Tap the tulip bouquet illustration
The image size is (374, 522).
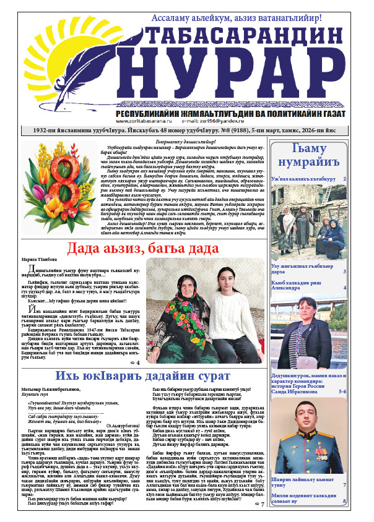tap(61, 184)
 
